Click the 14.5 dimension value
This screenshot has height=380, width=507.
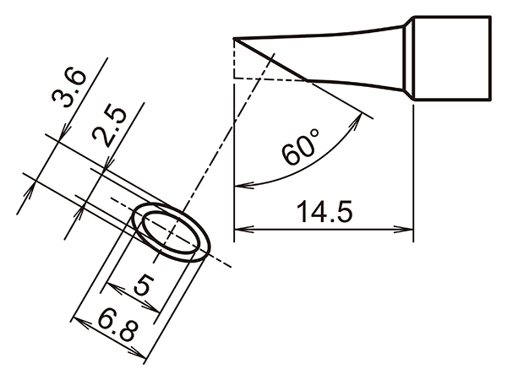323,212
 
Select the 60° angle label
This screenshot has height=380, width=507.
302,149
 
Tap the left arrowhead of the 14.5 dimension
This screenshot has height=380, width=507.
239,228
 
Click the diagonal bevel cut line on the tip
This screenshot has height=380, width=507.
270,60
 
